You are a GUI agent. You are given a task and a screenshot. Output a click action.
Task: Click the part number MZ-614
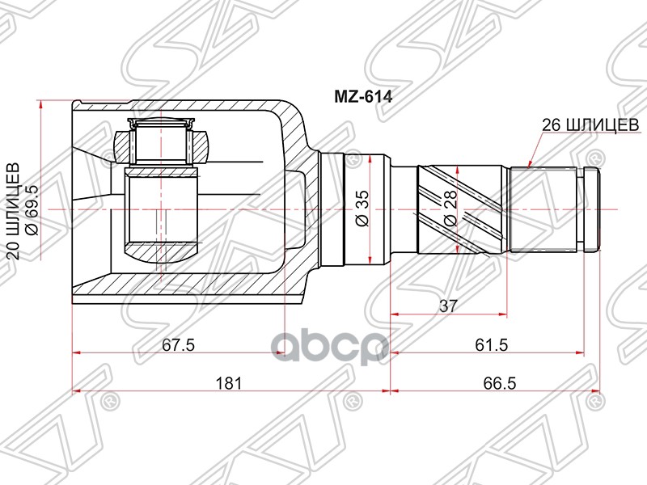click(x=363, y=95)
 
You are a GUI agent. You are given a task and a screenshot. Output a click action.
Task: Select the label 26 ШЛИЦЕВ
click(x=591, y=124)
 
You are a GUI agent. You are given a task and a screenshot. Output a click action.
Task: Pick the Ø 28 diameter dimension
click(x=450, y=209)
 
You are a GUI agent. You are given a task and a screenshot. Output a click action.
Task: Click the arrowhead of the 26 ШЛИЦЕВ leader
click(x=529, y=163)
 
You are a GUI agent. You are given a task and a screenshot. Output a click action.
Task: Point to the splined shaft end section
click(x=550, y=208)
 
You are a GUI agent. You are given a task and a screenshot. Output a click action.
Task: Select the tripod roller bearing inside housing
click(x=162, y=215)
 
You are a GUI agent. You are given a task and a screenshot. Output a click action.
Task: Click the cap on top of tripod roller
click(x=162, y=124)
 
